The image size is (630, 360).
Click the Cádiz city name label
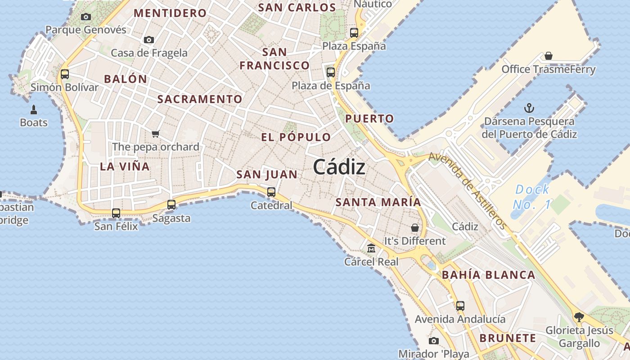(x=339, y=167)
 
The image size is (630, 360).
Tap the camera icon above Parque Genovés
(x=86, y=17)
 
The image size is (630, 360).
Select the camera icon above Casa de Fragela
(x=149, y=40)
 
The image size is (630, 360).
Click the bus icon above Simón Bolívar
(x=65, y=74)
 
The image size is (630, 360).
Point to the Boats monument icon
(x=34, y=109)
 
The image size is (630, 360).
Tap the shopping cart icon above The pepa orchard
(x=156, y=134)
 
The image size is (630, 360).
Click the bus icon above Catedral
(x=271, y=192)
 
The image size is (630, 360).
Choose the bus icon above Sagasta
(x=171, y=205)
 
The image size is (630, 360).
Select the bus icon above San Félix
(x=116, y=213)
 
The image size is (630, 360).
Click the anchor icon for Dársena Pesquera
(x=529, y=108)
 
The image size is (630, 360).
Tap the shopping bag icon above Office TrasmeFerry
(x=549, y=56)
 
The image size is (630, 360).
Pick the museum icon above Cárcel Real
(x=371, y=248)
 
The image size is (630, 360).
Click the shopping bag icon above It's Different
(x=415, y=228)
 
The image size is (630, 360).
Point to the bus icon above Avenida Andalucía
(x=460, y=306)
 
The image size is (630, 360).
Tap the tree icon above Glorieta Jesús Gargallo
(x=579, y=317)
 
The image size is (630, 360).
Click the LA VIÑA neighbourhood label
(x=125, y=166)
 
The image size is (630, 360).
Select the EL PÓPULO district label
(x=296, y=137)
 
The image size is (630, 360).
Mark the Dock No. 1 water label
(x=532, y=197)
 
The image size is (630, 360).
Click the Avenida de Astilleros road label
(x=468, y=190)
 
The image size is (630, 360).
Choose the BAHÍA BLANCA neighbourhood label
(x=488, y=275)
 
